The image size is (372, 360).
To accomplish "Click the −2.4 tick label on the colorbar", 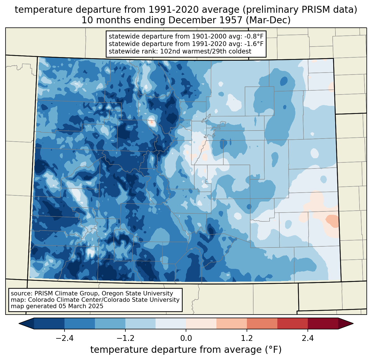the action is click(x=64, y=338).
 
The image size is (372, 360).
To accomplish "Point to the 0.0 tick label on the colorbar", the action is click(x=186, y=338).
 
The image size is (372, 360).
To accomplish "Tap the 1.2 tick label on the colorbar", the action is click(x=247, y=338).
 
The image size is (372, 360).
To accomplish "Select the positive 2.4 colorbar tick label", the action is click(x=308, y=338).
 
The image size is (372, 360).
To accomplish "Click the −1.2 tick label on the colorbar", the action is click(x=125, y=338).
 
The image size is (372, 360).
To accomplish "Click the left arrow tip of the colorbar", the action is click(x=19, y=324).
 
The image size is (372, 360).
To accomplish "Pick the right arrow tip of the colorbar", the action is click(x=353, y=324).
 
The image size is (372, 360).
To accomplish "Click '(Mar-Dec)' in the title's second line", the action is click(x=268, y=20).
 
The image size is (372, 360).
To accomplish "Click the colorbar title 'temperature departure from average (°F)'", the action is click(x=186, y=349).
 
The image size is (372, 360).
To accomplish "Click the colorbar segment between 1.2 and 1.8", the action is click(x=262, y=324).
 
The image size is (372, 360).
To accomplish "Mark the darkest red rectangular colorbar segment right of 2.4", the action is click(x=323, y=324).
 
